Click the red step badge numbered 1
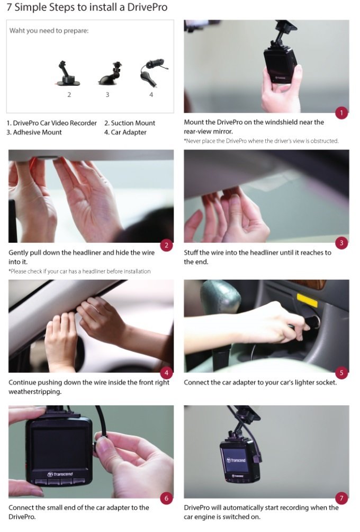[x=341, y=113]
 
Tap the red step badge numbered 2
[x=166, y=245]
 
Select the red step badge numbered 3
[x=341, y=243]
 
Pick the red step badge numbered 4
[x=166, y=373]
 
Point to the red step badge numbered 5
[x=341, y=373]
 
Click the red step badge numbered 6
[x=166, y=499]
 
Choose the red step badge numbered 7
[x=341, y=499]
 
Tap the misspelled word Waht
[x=16, y=31]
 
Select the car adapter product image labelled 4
[x=152, y=73]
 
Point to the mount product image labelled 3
[x=111, y=74]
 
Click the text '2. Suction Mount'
[x=130, y=123]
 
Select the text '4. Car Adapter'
[x=125, y=132]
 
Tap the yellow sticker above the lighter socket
[x=307, y=300]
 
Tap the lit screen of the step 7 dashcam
[x=235, y=460]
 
